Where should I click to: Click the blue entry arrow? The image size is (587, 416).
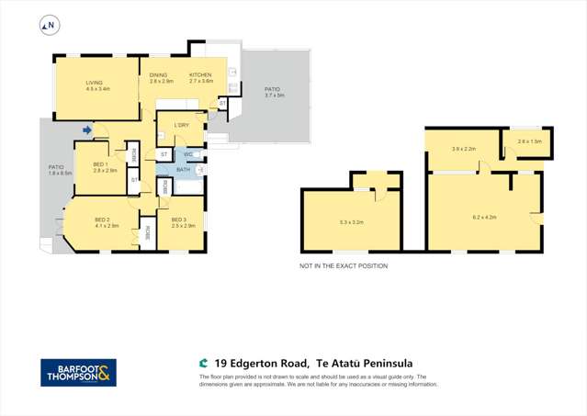pos(87,130)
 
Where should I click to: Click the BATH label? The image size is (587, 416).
pos(183,170)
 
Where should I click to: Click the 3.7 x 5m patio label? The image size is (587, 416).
pos(275,92)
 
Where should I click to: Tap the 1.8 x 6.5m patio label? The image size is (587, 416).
pos(60,170)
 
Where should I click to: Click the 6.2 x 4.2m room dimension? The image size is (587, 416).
pos(484,217)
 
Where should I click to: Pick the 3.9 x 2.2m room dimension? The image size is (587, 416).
pos(463,148)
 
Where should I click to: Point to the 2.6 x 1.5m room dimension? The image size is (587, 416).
pos(529,141)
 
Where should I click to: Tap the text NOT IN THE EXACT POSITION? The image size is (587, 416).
pos(344,266)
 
